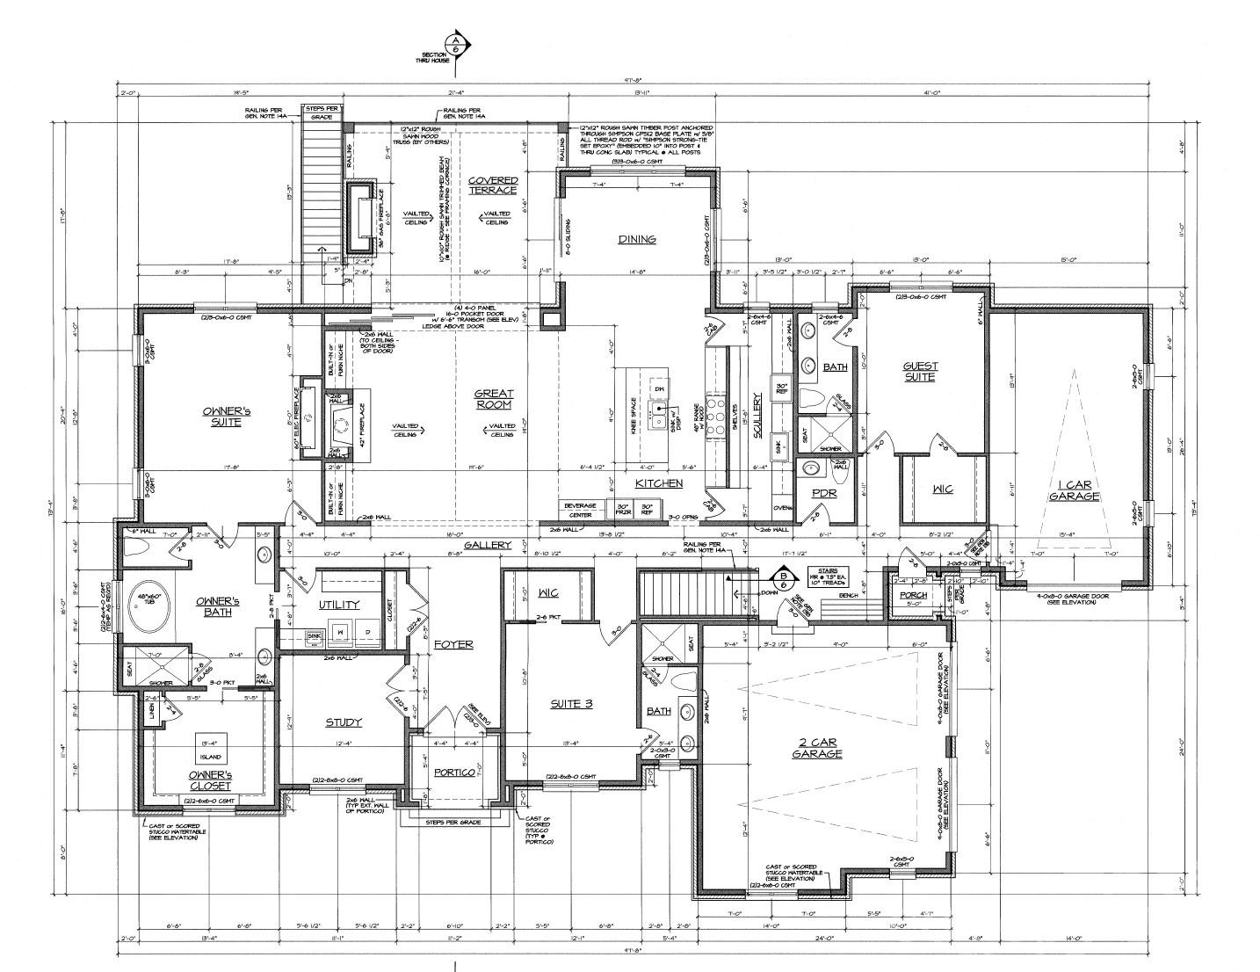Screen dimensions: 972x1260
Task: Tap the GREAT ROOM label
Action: tap(494, 399)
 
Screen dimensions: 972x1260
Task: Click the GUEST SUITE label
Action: tap(921, 371)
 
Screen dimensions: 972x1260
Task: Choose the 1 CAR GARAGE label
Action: tap(1074, 490)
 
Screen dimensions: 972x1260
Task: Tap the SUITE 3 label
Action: tap(572, 703)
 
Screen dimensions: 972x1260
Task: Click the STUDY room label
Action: tap(344, 722)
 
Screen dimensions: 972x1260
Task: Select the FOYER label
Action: tap(453, 644)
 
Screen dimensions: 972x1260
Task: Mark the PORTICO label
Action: tap(454, 772)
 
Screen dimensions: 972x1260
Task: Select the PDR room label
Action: tap(825, 493)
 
